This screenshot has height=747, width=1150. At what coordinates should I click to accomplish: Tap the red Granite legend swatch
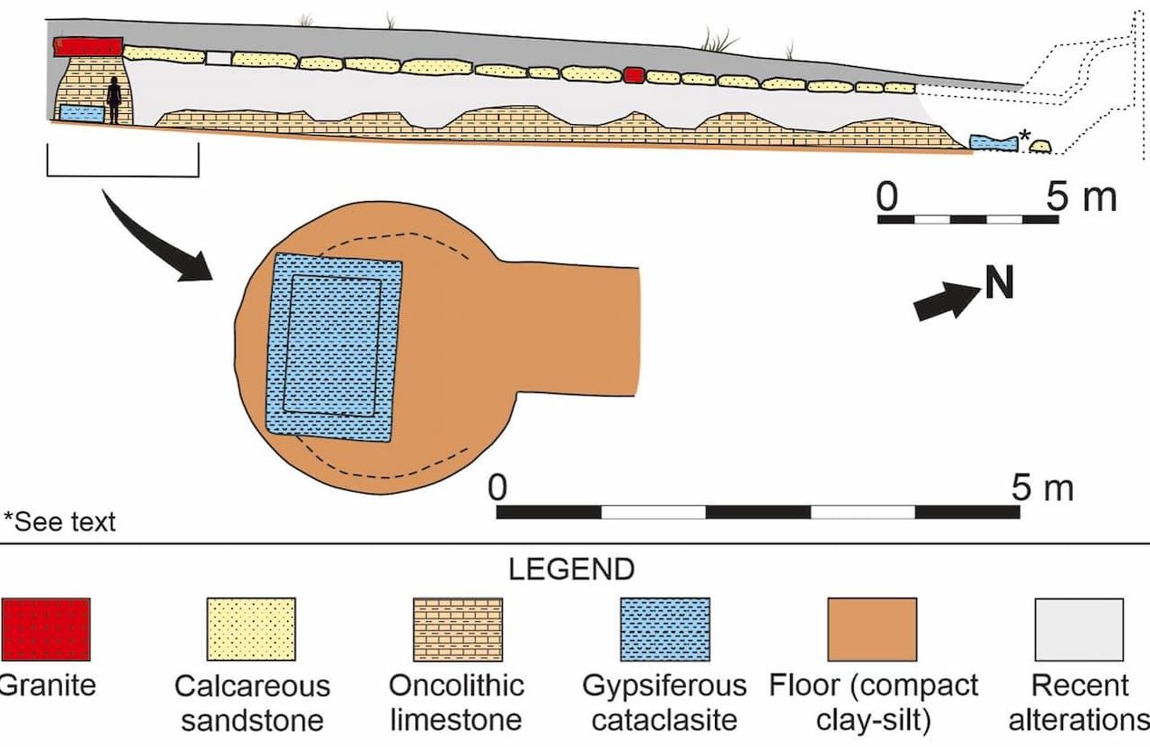coord(44,628)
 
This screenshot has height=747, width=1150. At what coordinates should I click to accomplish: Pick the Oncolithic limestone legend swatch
coord(458,628)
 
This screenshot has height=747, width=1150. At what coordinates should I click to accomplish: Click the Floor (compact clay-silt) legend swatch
coord(872,628)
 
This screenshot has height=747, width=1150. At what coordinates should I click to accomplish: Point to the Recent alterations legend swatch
coord(1078,628)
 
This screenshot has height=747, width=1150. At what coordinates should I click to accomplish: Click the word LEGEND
coord(571,570)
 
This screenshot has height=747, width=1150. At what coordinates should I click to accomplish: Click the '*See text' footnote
coord(60,522)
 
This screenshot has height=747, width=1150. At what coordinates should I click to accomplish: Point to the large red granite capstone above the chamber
coord(88,47)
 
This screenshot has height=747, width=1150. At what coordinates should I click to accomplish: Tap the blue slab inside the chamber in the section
coord(82,114)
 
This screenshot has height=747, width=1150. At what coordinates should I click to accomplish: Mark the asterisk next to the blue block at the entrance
coord(1024,136)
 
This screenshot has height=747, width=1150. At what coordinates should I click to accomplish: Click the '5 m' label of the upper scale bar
coord(1081,196)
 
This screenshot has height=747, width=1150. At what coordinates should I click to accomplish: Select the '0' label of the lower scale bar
coord(496,487)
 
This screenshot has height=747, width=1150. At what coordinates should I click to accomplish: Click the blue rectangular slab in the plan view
coord(333,348)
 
